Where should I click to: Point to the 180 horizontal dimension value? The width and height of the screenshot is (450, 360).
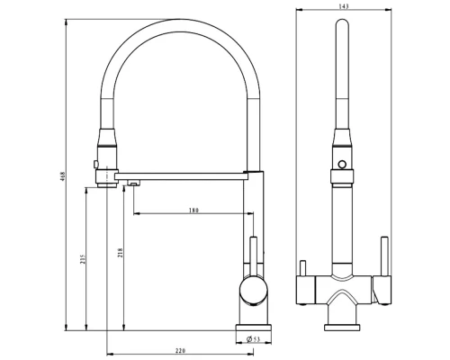pyautogui.click(x=193, y=211)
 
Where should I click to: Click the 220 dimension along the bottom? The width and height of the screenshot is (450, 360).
pyautogui.click(x=179, y=349)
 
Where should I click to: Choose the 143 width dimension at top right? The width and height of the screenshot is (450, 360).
pyautogui.click(x=343, y=7)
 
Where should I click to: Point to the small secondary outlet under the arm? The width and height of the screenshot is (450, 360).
pyautogui.click(x=133, y=183)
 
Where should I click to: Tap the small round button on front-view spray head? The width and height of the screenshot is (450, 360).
pyautogui.click(x=342, y=162)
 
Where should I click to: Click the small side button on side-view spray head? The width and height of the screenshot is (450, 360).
pyautogui.click(x=94, y=162)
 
